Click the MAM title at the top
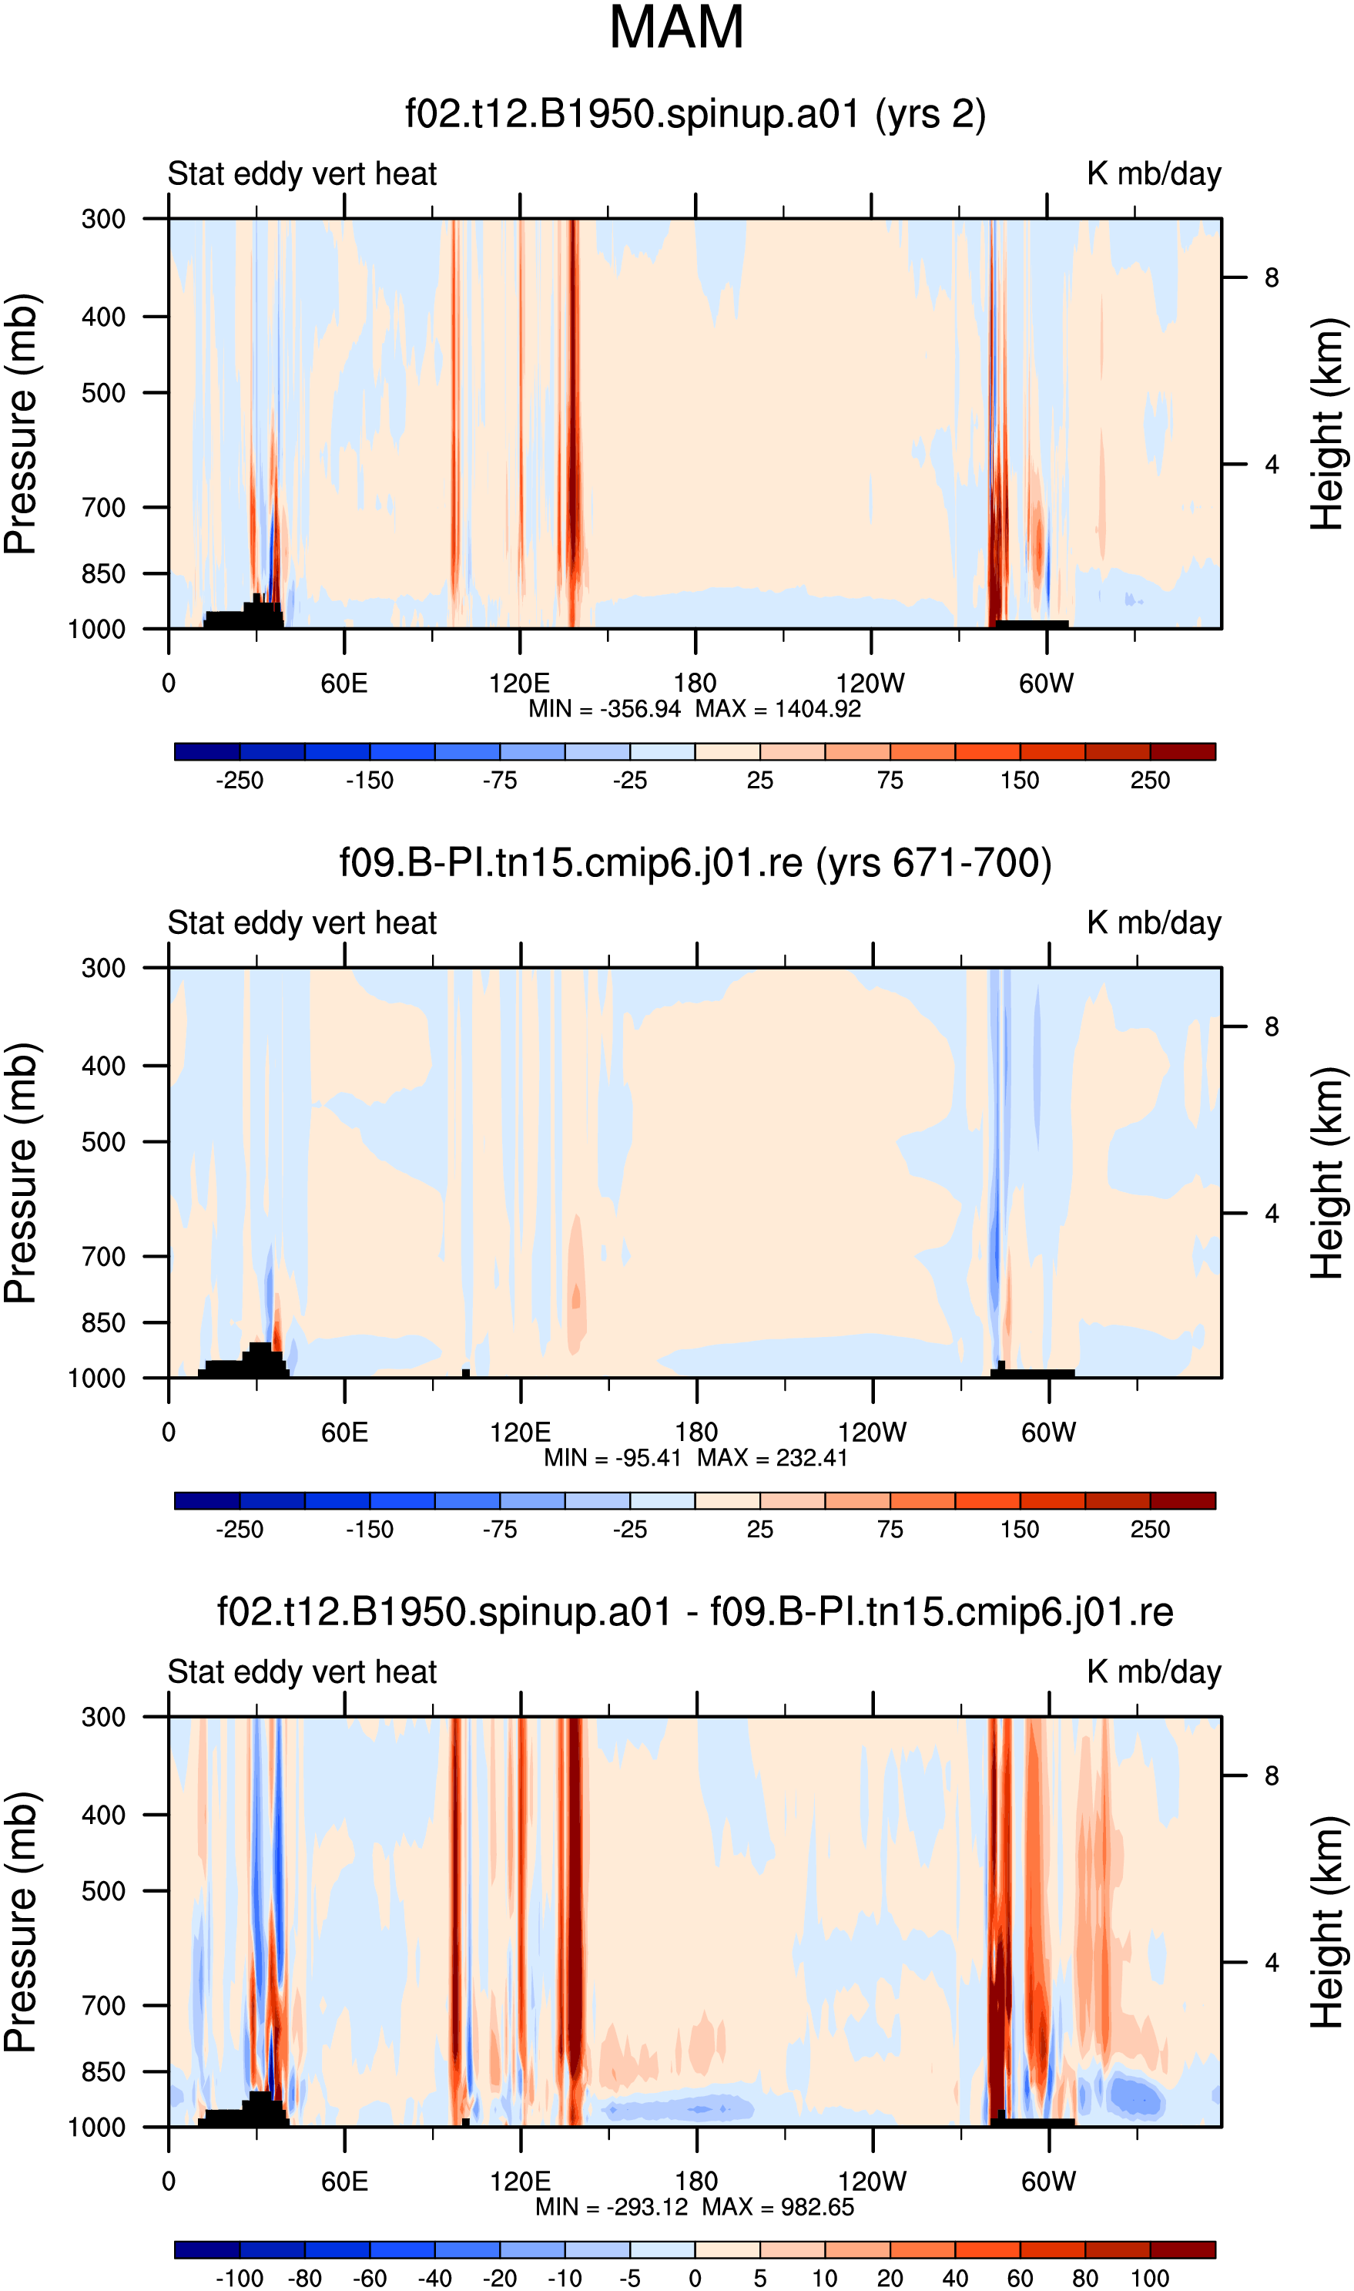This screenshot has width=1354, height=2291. [x=676, y=28]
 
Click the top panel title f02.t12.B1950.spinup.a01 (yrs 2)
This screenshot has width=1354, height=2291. [x=695, y=114]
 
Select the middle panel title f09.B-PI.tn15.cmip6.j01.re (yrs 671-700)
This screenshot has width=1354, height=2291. [x=695, y=862]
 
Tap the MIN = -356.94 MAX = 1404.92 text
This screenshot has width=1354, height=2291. [x=695, y=709]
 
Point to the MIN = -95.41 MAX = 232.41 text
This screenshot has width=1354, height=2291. [x=695, y=1458]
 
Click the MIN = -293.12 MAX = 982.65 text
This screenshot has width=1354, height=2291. [x=695, y=2207]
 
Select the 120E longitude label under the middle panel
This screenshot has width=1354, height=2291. [x=520, y=1432]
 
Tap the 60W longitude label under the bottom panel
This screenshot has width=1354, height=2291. [x=1048, y=2182]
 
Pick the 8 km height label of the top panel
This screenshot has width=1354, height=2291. [x=1272, y=277]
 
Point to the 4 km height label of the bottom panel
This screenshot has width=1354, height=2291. [x=1272, y=1963]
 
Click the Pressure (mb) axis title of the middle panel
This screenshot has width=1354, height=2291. [x=20, y=1173]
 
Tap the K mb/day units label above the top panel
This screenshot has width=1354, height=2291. [x=1155, y=173]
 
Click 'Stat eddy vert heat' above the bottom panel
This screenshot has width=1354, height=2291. [x=302, y=1672]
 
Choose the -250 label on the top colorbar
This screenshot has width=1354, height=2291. [x=239, y=781]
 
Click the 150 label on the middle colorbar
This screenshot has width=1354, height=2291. [x=1020, y=1530]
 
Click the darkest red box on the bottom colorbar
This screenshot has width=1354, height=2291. [x=1182, y=2250]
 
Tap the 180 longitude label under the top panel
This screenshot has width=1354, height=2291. [x=695, y=684]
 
